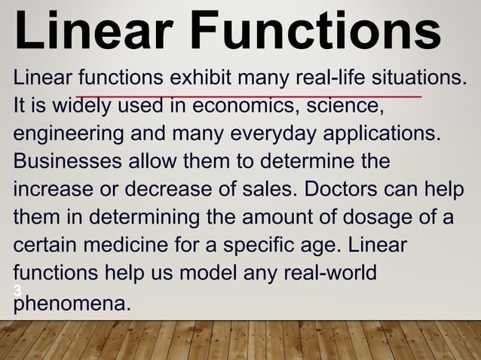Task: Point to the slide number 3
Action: pos(16,291)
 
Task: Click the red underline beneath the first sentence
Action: pos(249,96)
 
